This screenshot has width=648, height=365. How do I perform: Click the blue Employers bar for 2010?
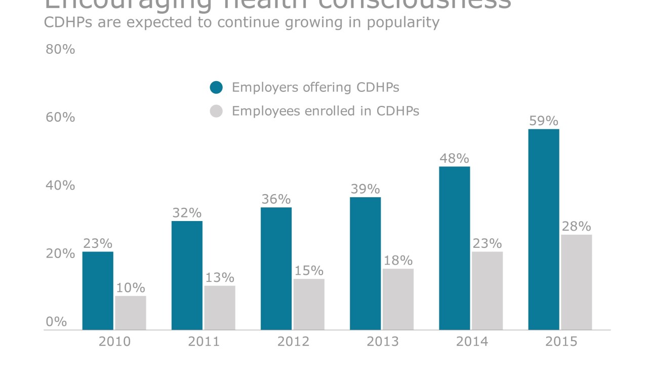98,290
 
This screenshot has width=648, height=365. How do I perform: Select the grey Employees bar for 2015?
576,282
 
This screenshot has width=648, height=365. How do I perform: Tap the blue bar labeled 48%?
454,248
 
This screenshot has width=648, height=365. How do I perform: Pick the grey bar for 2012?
309,304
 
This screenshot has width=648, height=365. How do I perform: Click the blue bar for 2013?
365,263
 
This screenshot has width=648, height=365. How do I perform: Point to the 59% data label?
544,121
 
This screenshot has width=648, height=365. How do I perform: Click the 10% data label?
130,287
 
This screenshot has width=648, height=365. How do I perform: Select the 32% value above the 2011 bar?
187,213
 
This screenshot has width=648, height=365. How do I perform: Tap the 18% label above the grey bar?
398,261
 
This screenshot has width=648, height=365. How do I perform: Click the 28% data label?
576,226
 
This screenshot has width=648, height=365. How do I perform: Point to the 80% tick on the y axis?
60,50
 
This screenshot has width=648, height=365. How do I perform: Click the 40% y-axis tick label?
60,186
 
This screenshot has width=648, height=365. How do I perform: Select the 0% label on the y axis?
56,322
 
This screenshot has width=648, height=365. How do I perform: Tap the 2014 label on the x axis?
472,342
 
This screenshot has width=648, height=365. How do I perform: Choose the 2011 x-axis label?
204,342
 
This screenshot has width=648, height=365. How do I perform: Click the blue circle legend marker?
216,87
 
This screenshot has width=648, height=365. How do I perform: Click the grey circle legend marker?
216,111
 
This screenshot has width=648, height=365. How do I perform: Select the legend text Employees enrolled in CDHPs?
325,111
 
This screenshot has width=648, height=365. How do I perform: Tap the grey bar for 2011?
220,308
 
